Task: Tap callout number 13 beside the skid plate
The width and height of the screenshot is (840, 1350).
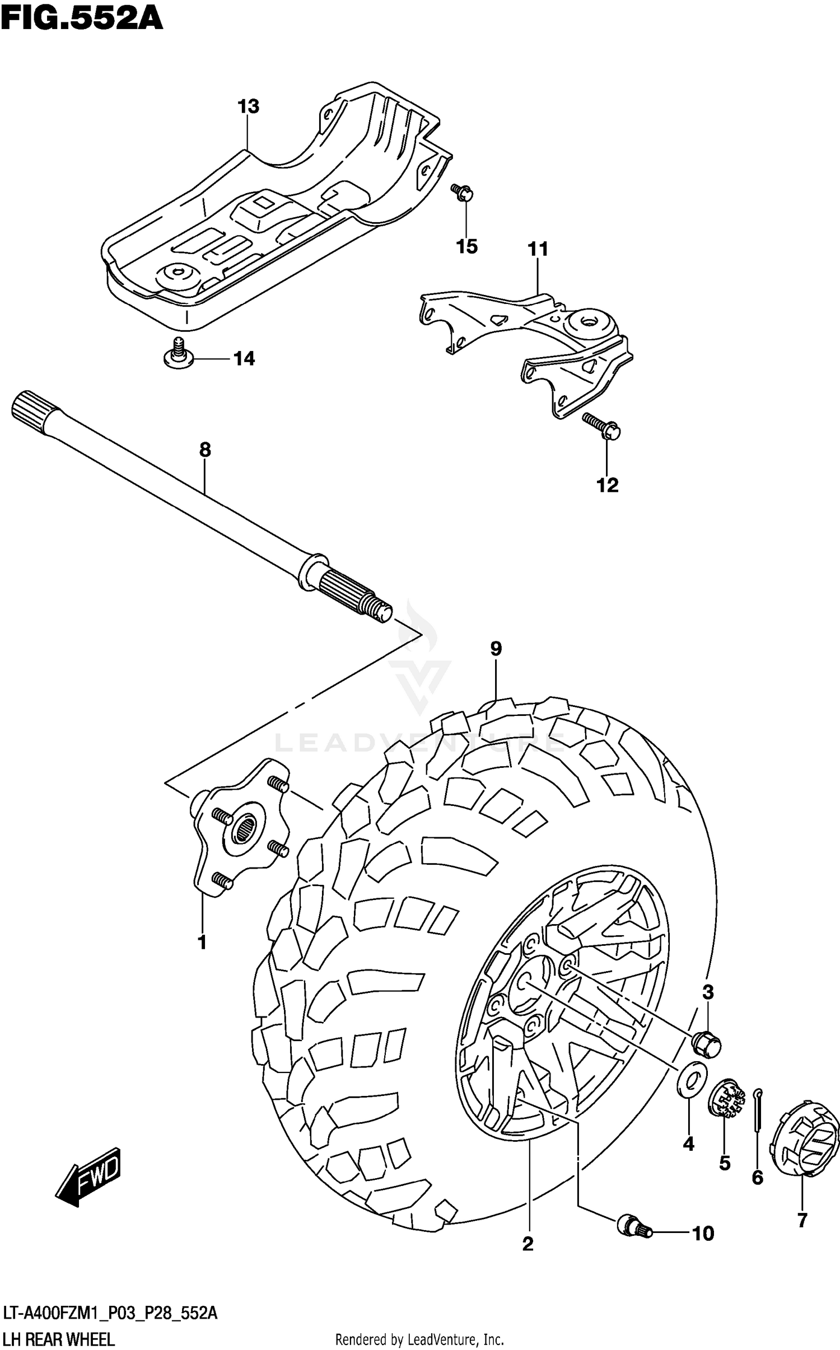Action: click(x=249, y=106)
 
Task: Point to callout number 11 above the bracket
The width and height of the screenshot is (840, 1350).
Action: click(x=538, y=249)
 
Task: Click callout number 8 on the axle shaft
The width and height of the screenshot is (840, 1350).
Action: click(x=205, y=449)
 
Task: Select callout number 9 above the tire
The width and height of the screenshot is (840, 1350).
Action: click(x=496, y=649)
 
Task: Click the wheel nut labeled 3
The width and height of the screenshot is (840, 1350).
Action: click(x=706, y=1044)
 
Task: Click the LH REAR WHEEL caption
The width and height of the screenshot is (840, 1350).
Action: click(x=59, y=1339)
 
